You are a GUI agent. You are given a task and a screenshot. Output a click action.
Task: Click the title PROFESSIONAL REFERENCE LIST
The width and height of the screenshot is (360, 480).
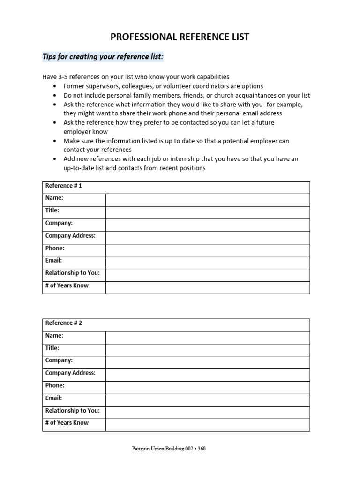pos(180,37)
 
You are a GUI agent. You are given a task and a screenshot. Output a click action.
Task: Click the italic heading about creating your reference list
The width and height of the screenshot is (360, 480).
pos(103,57)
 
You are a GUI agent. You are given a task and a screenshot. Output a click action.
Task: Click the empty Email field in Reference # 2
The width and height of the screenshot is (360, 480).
pos(207,400)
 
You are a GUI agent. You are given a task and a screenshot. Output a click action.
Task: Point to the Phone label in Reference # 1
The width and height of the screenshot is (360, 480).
pos(55,248)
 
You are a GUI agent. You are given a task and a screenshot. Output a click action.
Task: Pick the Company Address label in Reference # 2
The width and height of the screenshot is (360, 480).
pos(70,373)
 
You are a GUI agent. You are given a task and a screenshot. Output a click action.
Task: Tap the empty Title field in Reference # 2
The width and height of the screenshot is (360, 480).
pos(207,350)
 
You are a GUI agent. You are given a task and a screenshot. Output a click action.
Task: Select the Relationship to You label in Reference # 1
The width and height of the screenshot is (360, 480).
pos(73,273)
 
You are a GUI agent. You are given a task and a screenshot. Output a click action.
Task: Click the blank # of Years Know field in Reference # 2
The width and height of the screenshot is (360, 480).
pos(207,425)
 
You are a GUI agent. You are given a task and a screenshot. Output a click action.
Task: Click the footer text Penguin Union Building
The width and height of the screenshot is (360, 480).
pos(159,449)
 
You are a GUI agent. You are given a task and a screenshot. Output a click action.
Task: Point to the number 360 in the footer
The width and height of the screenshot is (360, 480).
pos(202,449)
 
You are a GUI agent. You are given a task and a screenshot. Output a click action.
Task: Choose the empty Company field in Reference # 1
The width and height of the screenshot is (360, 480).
pos(207,225)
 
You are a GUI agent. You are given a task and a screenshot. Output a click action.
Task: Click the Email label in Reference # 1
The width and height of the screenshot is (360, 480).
pos(53,261)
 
